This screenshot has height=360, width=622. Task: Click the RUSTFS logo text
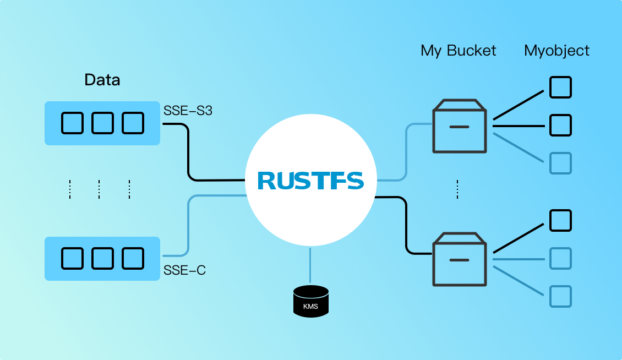click(310, 181)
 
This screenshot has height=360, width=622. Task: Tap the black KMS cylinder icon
click(310, 301)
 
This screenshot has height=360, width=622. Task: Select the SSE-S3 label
click(188, 111)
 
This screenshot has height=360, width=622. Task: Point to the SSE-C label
click(184, 270)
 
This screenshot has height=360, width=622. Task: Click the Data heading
click(102, 80)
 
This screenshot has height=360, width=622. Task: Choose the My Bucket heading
click(458, 51)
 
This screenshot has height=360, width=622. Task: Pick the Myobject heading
click(556, 51)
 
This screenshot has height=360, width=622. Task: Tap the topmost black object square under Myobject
click(561, 87)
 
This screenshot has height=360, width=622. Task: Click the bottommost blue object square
click(561, 296)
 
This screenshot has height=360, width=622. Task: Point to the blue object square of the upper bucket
click(561, 163)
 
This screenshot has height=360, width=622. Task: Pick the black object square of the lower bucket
click(561, 220)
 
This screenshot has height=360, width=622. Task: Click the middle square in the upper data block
click(102, 123)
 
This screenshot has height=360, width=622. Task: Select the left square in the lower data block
click(72, 258)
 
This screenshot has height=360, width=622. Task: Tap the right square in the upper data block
click(133, 123)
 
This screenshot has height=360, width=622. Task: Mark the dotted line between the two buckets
click(457, 189)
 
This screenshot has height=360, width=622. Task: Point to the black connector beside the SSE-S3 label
click(189, 154)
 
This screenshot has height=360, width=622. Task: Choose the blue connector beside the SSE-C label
click(189, 226)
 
